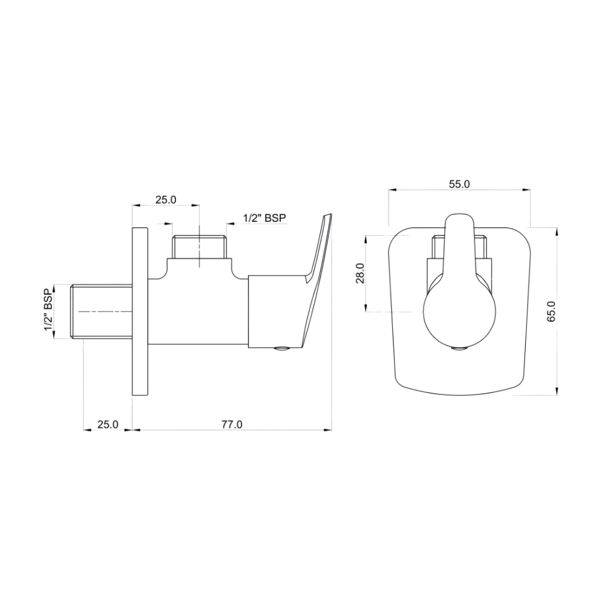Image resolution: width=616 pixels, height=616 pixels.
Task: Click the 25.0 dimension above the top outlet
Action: [x=165, y=199]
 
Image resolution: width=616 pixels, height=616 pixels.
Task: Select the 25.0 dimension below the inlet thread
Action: [x=108, y=424]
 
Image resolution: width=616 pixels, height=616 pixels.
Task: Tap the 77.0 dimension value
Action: [x=231, y=424]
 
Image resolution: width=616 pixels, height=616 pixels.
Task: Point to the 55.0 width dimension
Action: [x=459, y=184]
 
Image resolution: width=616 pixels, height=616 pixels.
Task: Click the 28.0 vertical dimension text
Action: [x=360, y=273]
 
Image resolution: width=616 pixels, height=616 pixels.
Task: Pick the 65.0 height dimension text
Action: [x=551, y=310]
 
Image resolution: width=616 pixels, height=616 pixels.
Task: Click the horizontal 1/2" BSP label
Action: [x=264, y=218]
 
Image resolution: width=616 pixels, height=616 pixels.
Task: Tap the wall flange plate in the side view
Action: [x=139, y=312]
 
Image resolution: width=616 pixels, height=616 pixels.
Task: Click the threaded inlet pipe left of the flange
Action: [x=102, y=312]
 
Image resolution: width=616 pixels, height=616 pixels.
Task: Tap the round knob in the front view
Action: [x=459, y=315]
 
